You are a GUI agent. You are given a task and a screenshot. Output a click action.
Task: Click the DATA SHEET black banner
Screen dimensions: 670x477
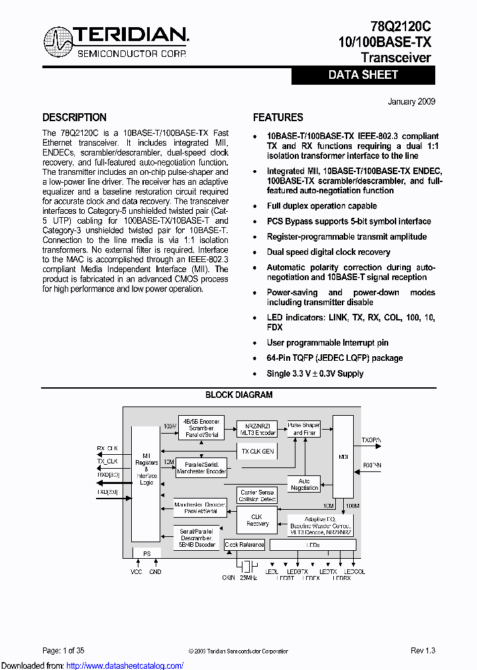point(363,75)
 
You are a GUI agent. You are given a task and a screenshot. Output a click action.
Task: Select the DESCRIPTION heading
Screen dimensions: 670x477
point(74,117)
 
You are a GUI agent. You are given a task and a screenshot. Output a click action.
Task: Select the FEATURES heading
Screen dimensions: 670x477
point(278,117)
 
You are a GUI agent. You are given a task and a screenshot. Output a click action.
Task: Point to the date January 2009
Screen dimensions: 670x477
point(411,101)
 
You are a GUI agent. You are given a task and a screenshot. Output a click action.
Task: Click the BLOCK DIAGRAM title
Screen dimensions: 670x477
point(238,395)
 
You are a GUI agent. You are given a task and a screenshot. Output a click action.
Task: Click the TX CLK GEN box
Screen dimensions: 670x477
point(257,452)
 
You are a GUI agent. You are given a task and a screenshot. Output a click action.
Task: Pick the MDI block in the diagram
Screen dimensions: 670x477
point(343,457)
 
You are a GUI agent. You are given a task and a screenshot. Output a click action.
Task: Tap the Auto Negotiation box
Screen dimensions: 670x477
point(304,485)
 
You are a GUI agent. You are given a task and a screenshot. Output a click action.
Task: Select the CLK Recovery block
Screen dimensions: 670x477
point(257,520)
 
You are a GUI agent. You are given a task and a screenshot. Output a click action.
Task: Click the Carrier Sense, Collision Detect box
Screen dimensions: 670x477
point(257,496)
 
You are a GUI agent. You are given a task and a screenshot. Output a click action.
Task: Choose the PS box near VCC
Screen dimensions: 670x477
point(146,553)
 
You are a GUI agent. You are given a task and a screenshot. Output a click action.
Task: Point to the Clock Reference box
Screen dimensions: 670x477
point(244,545)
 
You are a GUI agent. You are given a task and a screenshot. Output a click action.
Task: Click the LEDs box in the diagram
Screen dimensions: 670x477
point(313,545)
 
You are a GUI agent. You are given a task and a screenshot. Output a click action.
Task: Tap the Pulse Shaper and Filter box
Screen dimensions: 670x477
point(303,429)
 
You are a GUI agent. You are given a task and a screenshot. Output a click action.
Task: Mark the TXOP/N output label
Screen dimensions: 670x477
point(372,440)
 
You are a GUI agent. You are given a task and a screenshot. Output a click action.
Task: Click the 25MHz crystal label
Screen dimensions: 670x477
point(249,578)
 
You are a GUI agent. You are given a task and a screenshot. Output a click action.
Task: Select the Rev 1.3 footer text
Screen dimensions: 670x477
point(423,651)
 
